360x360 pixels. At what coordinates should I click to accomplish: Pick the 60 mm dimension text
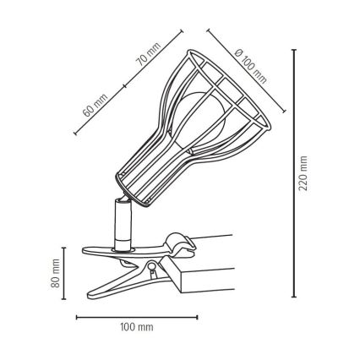pyautogui.click(x=95, y=106)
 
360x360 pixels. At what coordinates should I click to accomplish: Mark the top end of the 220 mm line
pyautogui.click(x=293, y=49)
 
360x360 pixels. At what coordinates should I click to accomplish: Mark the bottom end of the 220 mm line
pyautogui.click(x=293, y=297)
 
